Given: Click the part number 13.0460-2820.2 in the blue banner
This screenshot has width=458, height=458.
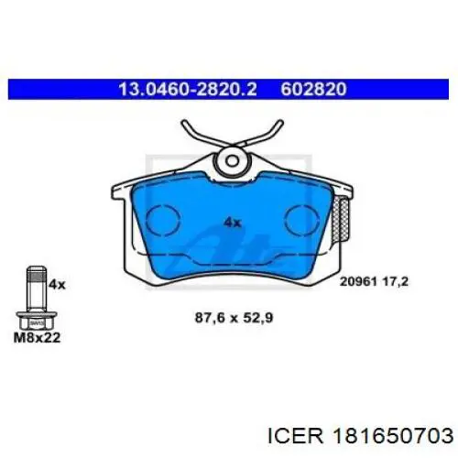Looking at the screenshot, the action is point(188,89).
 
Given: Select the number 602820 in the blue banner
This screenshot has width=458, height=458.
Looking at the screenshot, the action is point(313,89).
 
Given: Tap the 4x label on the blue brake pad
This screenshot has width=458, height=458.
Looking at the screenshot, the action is point(233,223).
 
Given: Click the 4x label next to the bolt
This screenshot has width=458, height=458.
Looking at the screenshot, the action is point(57,285).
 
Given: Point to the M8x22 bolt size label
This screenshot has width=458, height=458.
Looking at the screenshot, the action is point(37,337).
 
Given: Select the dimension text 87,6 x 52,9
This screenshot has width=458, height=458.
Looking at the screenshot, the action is point(234,318).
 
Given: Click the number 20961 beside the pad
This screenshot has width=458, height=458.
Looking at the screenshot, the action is point(358,281).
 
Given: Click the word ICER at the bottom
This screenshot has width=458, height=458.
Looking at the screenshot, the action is point(295,436).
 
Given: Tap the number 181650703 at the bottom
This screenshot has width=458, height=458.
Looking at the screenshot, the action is point(394,436).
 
